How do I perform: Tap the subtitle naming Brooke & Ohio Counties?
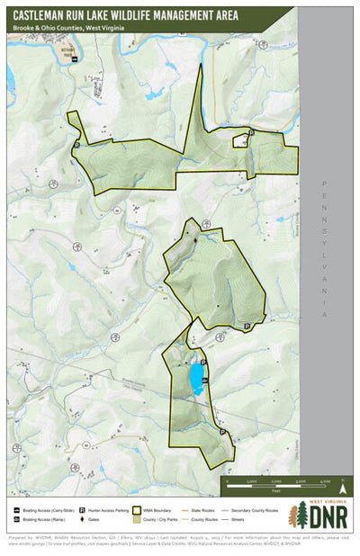click(x=70, y=29)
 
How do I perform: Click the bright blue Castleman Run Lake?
click(x=194, y=378)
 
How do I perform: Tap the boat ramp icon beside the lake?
click(x=206, y=381)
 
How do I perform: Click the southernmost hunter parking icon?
click(x=222, y=432)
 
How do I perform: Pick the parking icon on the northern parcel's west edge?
click(x=76, y=144)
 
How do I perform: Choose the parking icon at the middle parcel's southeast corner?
click(x=247, y=326)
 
